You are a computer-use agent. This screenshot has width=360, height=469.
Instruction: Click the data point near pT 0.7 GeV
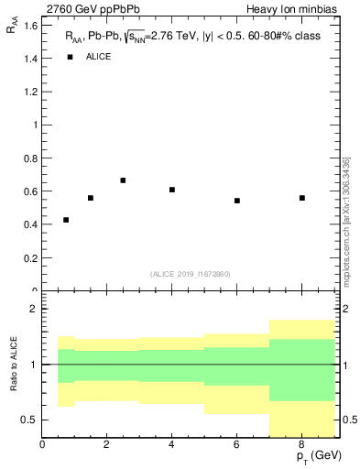pyautogui.click(x=66, y=220)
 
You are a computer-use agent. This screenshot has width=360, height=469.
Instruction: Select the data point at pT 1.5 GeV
pyautogui.click(x=91, y=198)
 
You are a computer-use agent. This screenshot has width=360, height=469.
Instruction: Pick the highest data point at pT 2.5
pyautogui.click(x=123, y=180)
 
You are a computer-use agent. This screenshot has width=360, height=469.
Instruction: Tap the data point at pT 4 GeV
pyautogui.click(x=172, y=190)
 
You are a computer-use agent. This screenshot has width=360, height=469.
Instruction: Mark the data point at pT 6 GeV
pyautogui.click(x=237, y=201)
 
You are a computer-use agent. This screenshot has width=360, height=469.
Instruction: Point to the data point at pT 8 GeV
pyautogui.click(x=302, y=198)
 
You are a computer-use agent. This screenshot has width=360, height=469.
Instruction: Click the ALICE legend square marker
pyautogui.click(x=69, y=57)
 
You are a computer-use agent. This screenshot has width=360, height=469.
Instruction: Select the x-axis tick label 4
pyautogui.click(x=172, y=445)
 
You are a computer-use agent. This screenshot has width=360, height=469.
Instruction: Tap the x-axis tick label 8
pyautogui.click(x=302, y=445)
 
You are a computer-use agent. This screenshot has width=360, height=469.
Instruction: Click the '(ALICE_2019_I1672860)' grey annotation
pyautogui.click(x=191, y=274)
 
